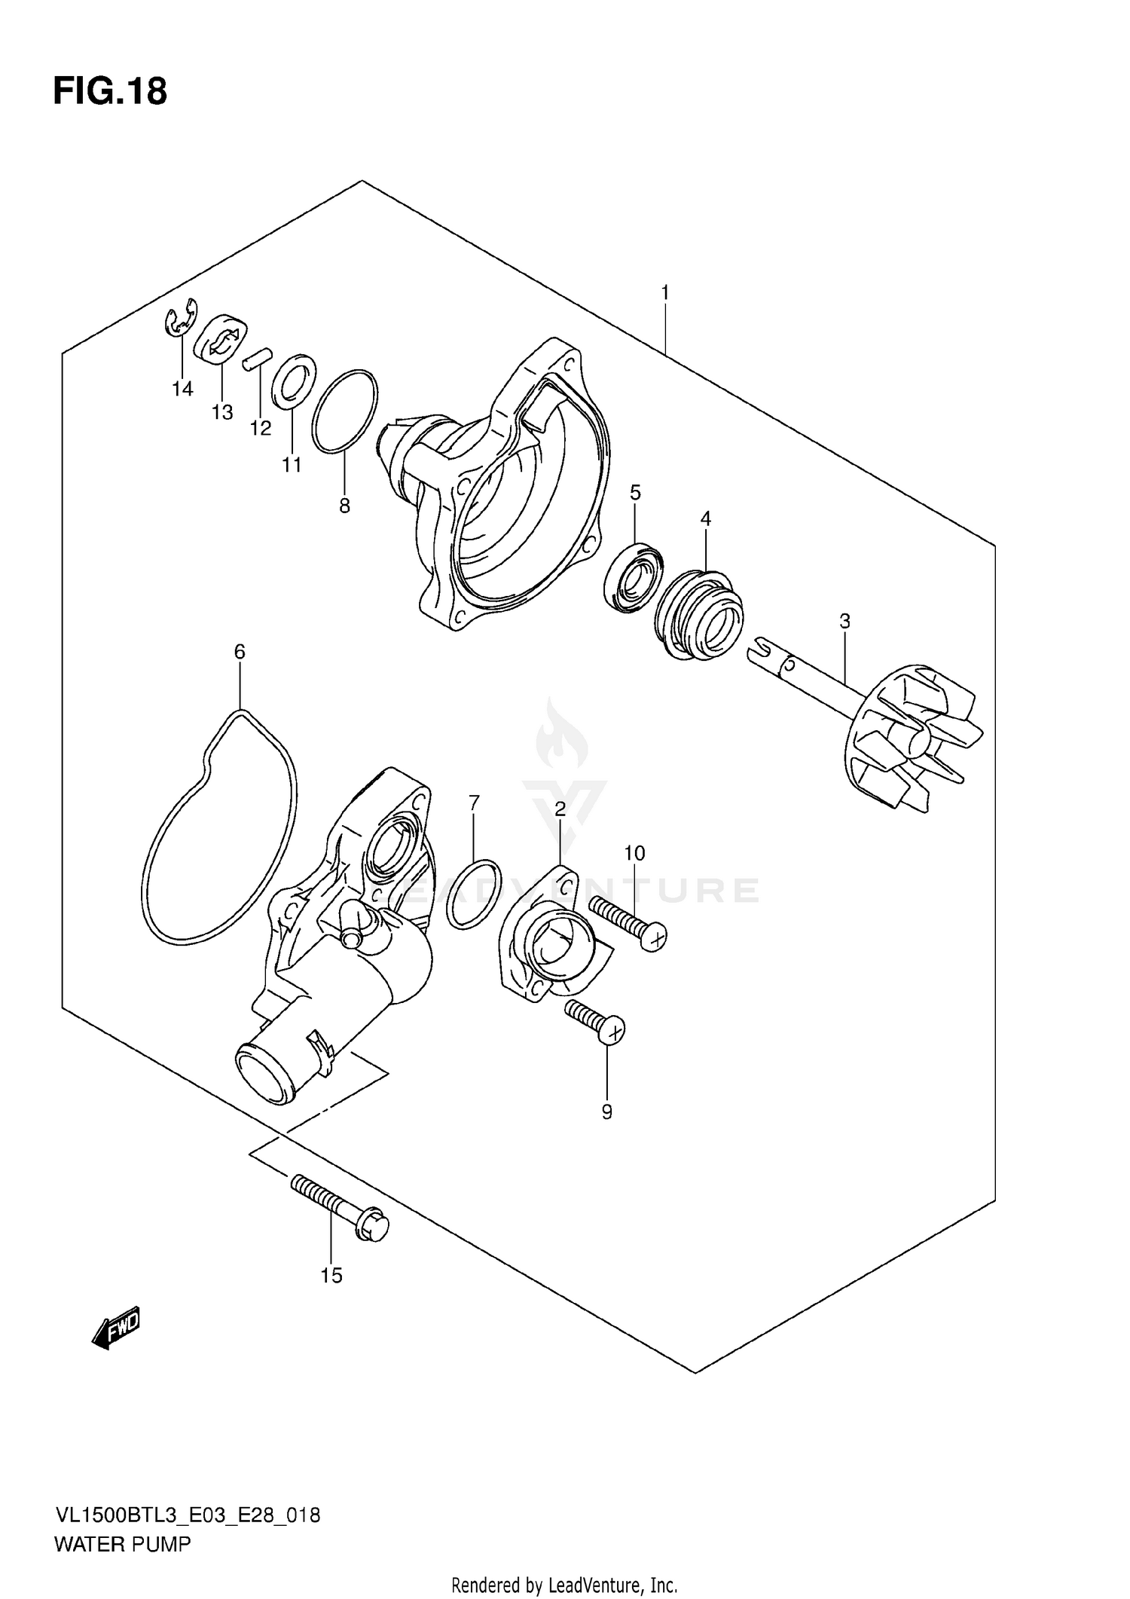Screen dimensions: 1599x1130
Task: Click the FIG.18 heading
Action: tap(110, 91)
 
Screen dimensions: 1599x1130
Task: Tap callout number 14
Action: tap(182, 389)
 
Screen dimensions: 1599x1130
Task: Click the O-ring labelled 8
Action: tap(345, 412)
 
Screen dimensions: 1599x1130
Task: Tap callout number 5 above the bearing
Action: tap(635, 493)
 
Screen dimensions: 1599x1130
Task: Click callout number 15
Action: tap(331, 1276)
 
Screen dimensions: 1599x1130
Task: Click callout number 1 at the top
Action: tap(665, 292)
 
